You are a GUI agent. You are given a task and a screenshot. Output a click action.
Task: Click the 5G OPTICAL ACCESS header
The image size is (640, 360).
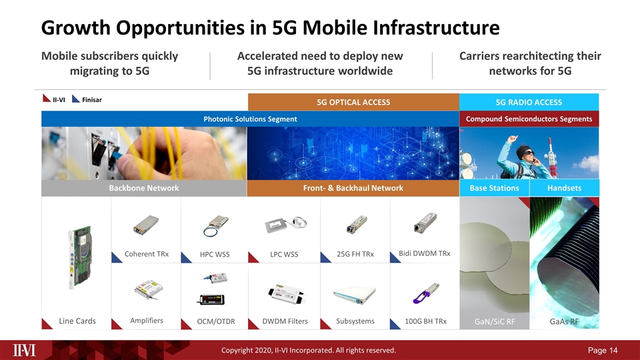tap(353, 102)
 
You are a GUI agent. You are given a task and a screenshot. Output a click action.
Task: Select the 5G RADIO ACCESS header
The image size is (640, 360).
tap(529, 102)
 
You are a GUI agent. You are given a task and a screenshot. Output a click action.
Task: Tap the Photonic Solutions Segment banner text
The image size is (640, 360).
tap(250, 119)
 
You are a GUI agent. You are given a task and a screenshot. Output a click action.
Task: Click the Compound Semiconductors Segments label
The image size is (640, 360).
tap(529, 119)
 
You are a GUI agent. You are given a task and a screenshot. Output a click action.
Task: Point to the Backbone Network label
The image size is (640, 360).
tap(143, 188)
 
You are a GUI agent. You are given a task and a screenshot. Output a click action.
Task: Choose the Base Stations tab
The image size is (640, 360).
tap(494, 188)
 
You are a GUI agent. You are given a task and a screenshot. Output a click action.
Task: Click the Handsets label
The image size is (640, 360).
tap(564, 188)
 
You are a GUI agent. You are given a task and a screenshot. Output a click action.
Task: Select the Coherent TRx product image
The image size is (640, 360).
tap(147, 225)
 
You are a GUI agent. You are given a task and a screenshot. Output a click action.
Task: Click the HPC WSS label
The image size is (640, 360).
tap(215, 255)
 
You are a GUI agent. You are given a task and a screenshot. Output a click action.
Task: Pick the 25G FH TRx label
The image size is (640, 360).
tap(355, 254)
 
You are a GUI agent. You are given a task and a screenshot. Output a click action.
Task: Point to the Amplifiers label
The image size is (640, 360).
tap(147, 321)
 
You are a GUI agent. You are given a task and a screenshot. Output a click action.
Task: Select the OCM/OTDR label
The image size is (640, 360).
tap(216, 322)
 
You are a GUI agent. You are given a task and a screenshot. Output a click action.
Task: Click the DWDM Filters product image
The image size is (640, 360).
tap(285, 292)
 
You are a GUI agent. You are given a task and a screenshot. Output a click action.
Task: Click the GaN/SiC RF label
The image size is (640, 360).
tap(494, 322)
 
